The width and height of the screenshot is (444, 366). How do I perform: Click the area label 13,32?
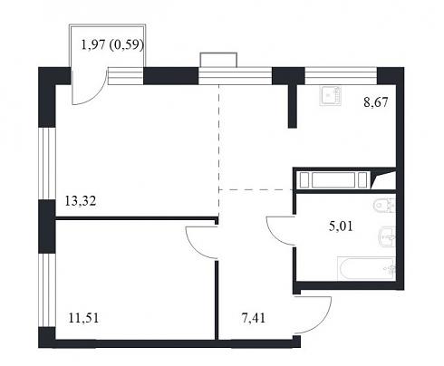point(81,201)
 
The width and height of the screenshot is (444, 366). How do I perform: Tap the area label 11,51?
point(83,318)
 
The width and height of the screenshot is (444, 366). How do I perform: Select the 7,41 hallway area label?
point(254,318)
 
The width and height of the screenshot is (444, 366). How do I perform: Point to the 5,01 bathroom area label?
point(341,226)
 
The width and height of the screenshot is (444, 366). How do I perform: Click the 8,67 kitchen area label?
point(376,102)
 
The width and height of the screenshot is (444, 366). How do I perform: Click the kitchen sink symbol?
point(331,96)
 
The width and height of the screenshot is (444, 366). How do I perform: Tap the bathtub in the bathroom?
point(366,268)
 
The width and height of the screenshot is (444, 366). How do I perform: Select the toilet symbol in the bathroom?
point(384,206)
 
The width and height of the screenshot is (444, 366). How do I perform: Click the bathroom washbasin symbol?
point(387,236)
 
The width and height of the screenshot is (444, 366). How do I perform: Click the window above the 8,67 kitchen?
point(341,75)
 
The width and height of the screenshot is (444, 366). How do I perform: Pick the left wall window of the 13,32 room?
point(47,163)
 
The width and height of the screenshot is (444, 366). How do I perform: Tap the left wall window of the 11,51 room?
point(47,290)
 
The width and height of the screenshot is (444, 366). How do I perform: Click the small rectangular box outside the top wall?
point(218,60)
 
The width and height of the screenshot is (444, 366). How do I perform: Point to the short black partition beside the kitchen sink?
point(292,106)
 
